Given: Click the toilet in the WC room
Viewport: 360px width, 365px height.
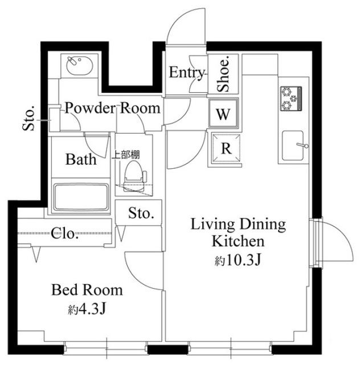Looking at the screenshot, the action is click(134, 176).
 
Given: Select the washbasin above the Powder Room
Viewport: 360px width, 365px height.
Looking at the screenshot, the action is click(80, 66).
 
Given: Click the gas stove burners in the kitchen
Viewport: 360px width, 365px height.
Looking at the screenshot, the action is click(291, 98).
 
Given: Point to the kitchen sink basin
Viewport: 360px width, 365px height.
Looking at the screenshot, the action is click(293, 145).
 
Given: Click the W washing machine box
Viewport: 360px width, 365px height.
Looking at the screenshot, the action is click(223, 113).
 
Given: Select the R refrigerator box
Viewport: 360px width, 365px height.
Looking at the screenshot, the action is click(226, 148).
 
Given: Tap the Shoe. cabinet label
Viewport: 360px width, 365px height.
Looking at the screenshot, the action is click(223, 74).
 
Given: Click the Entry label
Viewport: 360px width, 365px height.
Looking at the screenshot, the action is click(186, 72).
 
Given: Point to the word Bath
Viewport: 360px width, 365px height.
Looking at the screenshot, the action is click(81, 159).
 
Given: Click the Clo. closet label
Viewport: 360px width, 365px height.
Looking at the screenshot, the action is click(64, 233).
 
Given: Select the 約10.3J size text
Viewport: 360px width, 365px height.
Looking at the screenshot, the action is click(238, 260).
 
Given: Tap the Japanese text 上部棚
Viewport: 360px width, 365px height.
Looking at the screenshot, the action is click(126, 155).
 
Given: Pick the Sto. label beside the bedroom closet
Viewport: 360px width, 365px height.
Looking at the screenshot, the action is click(141, 213).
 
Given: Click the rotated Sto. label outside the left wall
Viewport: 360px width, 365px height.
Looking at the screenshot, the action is click(28, 118).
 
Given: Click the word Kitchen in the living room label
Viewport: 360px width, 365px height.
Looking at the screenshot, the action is click(238, 241).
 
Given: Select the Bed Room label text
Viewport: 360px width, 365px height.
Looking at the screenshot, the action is click(87, 290).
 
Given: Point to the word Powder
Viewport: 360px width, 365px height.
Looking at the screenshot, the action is click(90, 108).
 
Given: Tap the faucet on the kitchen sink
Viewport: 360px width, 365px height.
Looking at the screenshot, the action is click(302, 145).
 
